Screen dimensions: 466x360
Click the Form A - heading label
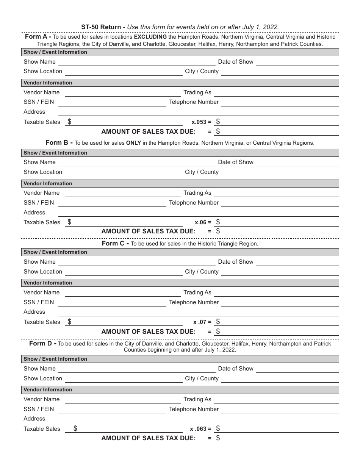[38, 37]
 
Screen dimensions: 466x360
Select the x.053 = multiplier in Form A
[201, 122]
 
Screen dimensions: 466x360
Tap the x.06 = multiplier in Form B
[203, 222]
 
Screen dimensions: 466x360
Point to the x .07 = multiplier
[202, 322]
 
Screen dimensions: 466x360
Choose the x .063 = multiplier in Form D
[201, 429]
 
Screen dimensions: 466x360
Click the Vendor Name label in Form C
[41, 292]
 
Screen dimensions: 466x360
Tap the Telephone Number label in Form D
[194, 409]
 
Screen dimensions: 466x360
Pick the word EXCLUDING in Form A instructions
[150, 37]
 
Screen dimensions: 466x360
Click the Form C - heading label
[115, 244]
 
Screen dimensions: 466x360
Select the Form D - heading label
[43, 344]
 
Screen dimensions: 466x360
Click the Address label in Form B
[34, 213]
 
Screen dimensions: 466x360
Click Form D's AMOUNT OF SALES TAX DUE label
[148, 438]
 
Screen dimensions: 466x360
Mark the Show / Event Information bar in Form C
[180, 252]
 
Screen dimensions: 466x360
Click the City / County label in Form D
[202, 378]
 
